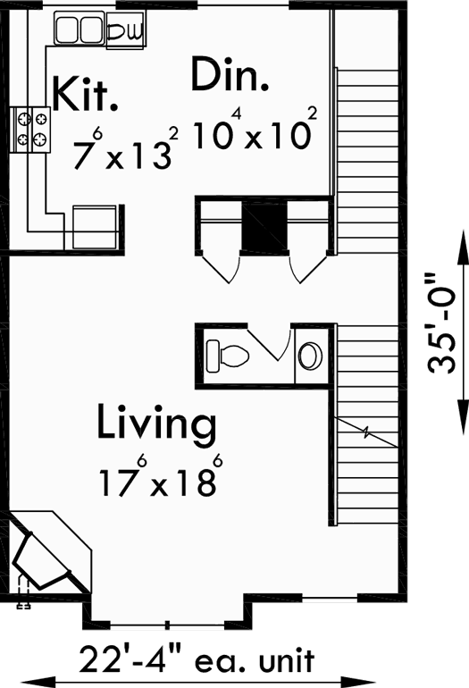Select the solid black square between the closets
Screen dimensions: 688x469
(x=264, y=227)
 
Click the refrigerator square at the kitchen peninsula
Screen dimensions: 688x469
(x=95, y=227)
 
